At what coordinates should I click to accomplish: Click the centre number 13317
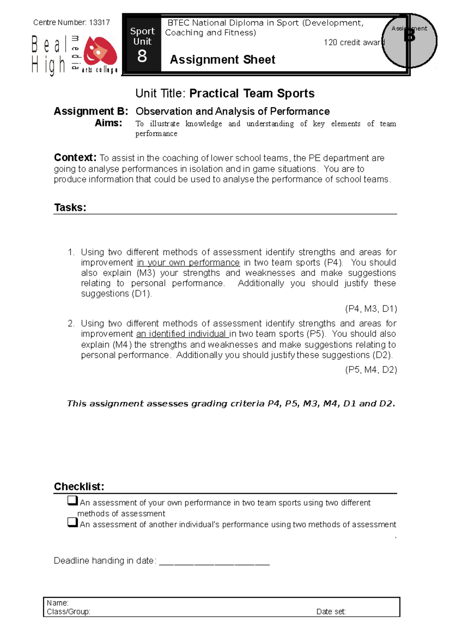(99, 22)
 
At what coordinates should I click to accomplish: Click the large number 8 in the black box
(142, 57)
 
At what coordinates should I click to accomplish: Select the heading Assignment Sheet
(222, 60)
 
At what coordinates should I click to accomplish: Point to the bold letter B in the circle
(409, 36)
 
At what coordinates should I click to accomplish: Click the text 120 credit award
(354, 42)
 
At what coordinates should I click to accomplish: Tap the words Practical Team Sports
(252, 93)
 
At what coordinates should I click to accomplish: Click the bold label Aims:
(108, 123)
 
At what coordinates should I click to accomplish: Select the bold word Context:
(75, 157)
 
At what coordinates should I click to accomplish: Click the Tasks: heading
(70, 208)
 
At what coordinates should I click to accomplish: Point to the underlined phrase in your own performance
(188, 263)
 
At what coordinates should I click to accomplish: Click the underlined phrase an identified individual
(182, 334)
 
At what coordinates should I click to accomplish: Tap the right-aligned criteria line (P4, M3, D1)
(370, 309)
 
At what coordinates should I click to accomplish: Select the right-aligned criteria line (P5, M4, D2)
(370, 370)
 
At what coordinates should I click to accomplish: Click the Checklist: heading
(79, 487)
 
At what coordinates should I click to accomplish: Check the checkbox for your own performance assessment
(72, 500)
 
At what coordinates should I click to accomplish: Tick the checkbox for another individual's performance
(72, 522)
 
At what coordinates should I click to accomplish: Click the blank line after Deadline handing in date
(214, 562)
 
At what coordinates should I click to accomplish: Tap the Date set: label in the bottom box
(331, 612)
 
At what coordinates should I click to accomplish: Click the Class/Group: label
(69, 612)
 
